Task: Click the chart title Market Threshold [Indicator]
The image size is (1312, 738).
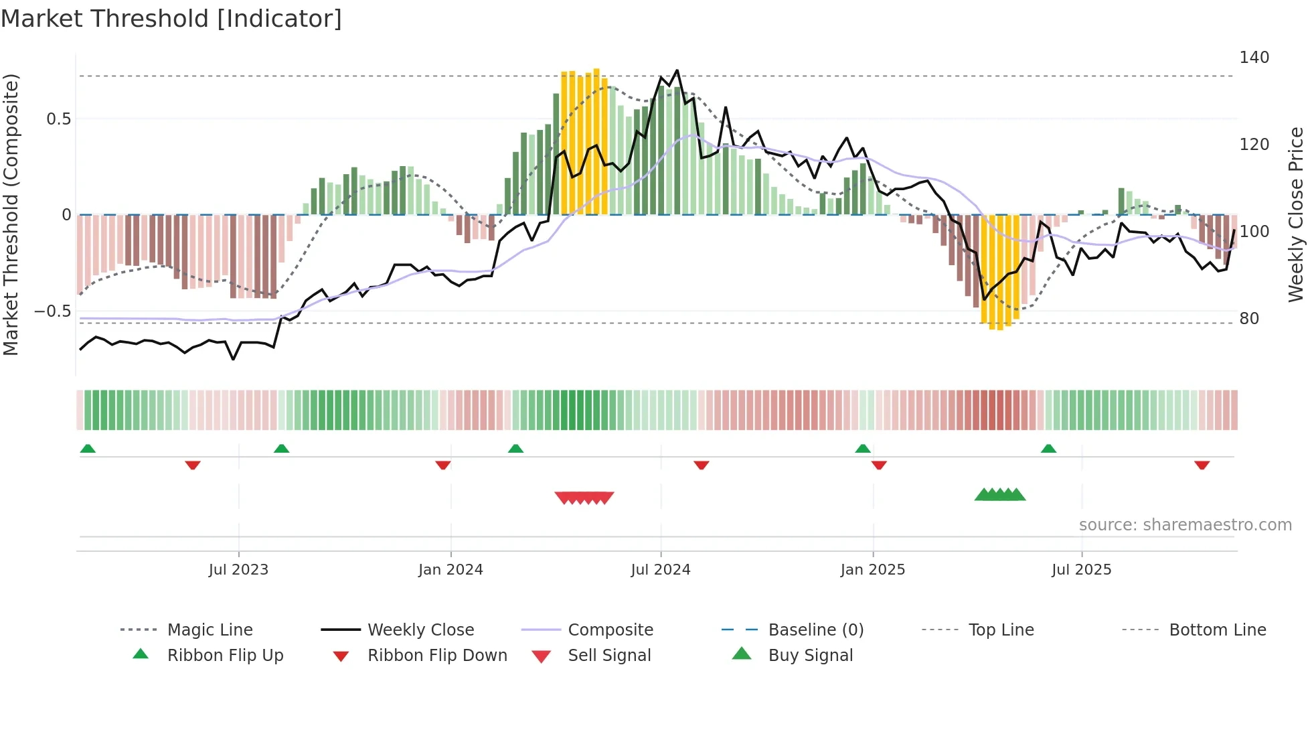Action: (171, 19)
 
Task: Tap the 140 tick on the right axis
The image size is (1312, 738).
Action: (1254, 58)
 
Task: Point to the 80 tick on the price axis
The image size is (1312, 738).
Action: (1249, 319)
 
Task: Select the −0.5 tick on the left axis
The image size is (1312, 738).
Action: (52, 311)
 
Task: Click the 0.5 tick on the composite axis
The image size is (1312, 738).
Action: (58, 119)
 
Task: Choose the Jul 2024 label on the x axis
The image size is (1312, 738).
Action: (660, 570)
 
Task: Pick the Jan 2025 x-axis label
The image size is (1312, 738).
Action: (872, 570)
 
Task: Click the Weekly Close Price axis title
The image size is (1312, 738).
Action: (1296, 214)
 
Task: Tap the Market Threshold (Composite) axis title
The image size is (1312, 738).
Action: (11, 214)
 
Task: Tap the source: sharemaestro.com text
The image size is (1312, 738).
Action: (1185, 525)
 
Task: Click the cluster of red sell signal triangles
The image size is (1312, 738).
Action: (584, 498)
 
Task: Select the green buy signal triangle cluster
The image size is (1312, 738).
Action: (999, 495)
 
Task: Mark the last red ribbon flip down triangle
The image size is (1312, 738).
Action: (1202, 465)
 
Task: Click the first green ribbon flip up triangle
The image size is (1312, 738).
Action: (88, 449)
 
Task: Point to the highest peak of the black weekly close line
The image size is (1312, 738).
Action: (677, 70)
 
